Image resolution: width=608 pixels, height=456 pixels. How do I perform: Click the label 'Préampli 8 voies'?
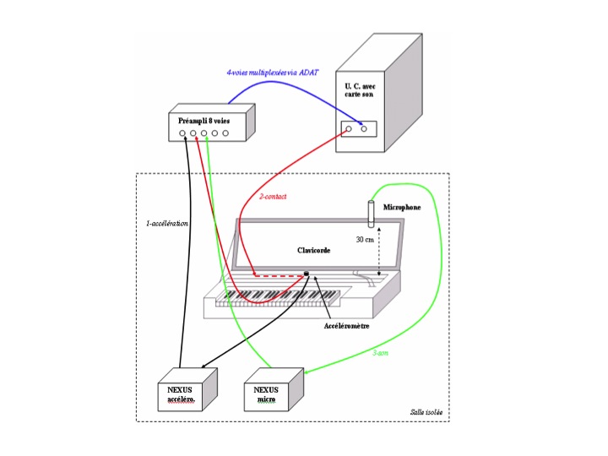tap(204, 121)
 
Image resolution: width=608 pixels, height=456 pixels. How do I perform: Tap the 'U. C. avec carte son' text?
tap(360, 90)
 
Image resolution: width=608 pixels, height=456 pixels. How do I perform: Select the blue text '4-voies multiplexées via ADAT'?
tap(273, 73)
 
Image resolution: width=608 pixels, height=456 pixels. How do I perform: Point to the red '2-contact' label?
tap(273, 197)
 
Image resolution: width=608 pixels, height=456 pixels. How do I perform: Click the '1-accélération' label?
tap(167, 223)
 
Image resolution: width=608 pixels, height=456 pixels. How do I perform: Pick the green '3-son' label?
tap(380, 353)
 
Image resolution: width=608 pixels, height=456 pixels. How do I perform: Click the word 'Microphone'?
tap(402, 208)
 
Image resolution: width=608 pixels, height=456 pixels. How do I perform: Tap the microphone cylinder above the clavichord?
tap(372, 214)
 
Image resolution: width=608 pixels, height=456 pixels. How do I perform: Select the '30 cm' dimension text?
tap(365, 240)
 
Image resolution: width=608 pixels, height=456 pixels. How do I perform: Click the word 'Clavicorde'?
tap(313, 251)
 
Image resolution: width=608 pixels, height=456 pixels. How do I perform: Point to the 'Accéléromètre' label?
tap(347, 326)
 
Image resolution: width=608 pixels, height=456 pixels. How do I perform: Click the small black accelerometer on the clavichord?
tap(307, 274)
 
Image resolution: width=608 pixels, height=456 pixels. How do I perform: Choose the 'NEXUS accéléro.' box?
tap(187, 389)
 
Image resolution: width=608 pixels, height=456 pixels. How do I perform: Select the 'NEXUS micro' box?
tap(274, 389)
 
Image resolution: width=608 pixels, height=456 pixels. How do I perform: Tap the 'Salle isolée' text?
tap(426, 412)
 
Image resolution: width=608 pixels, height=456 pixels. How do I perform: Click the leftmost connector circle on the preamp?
tap(182, 133)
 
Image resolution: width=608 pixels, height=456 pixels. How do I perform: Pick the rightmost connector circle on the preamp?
tap(225, 133)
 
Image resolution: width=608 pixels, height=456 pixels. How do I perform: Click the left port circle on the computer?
tap(349, 128)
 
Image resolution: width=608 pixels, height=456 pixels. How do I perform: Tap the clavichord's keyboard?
tap(278, 299)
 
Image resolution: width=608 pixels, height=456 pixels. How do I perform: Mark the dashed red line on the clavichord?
tap(279, 276)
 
